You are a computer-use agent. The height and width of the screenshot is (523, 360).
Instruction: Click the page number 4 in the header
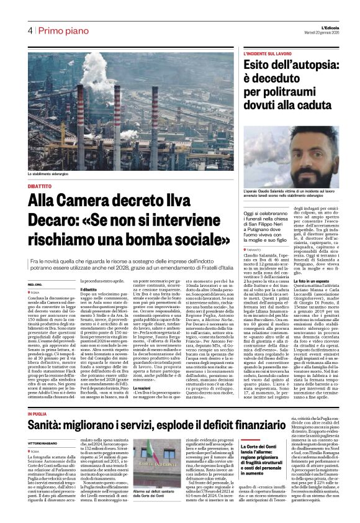pos(29,30)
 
